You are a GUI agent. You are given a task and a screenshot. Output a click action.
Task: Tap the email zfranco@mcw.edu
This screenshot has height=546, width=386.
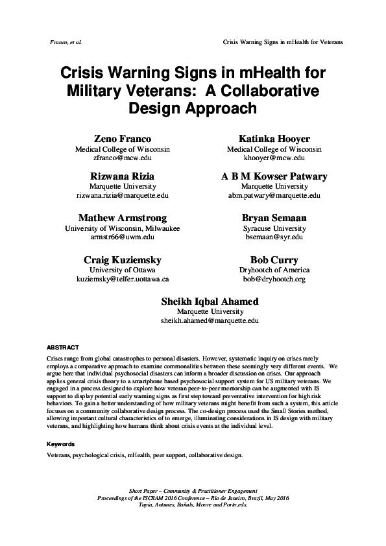coord(123,158)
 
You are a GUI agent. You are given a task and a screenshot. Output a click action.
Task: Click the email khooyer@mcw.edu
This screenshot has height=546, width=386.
coord(274,158)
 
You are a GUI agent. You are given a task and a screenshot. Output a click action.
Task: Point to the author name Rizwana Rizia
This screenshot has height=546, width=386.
coord(123,176)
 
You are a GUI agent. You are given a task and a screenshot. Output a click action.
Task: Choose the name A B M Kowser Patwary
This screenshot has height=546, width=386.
coord(274,176)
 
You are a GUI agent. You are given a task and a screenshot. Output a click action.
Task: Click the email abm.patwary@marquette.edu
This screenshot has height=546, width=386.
coord(274,195)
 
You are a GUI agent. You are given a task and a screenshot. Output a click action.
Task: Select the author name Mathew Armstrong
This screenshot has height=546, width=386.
coord(123,218)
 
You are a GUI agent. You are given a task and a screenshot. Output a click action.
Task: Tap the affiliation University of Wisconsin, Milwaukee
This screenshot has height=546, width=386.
coord(123,228)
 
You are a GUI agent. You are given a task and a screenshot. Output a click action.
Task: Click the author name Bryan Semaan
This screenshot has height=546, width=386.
coord(274,218)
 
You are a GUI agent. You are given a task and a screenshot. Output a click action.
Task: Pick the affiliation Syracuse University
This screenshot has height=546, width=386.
coord(274,228)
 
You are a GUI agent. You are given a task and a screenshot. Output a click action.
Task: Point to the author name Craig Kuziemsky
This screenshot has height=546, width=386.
coord(123,259)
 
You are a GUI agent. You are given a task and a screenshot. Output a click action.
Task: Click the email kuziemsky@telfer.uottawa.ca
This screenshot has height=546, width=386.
coord(123,279)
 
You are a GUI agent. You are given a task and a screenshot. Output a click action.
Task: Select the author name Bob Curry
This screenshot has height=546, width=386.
coord(274,259)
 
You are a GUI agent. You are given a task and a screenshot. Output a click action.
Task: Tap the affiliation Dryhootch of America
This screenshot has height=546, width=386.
coord(274,270)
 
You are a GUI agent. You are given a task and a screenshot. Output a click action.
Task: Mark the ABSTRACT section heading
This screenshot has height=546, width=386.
coord(64,348)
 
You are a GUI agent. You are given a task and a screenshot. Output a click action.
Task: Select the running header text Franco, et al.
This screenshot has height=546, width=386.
coord(64,42)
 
